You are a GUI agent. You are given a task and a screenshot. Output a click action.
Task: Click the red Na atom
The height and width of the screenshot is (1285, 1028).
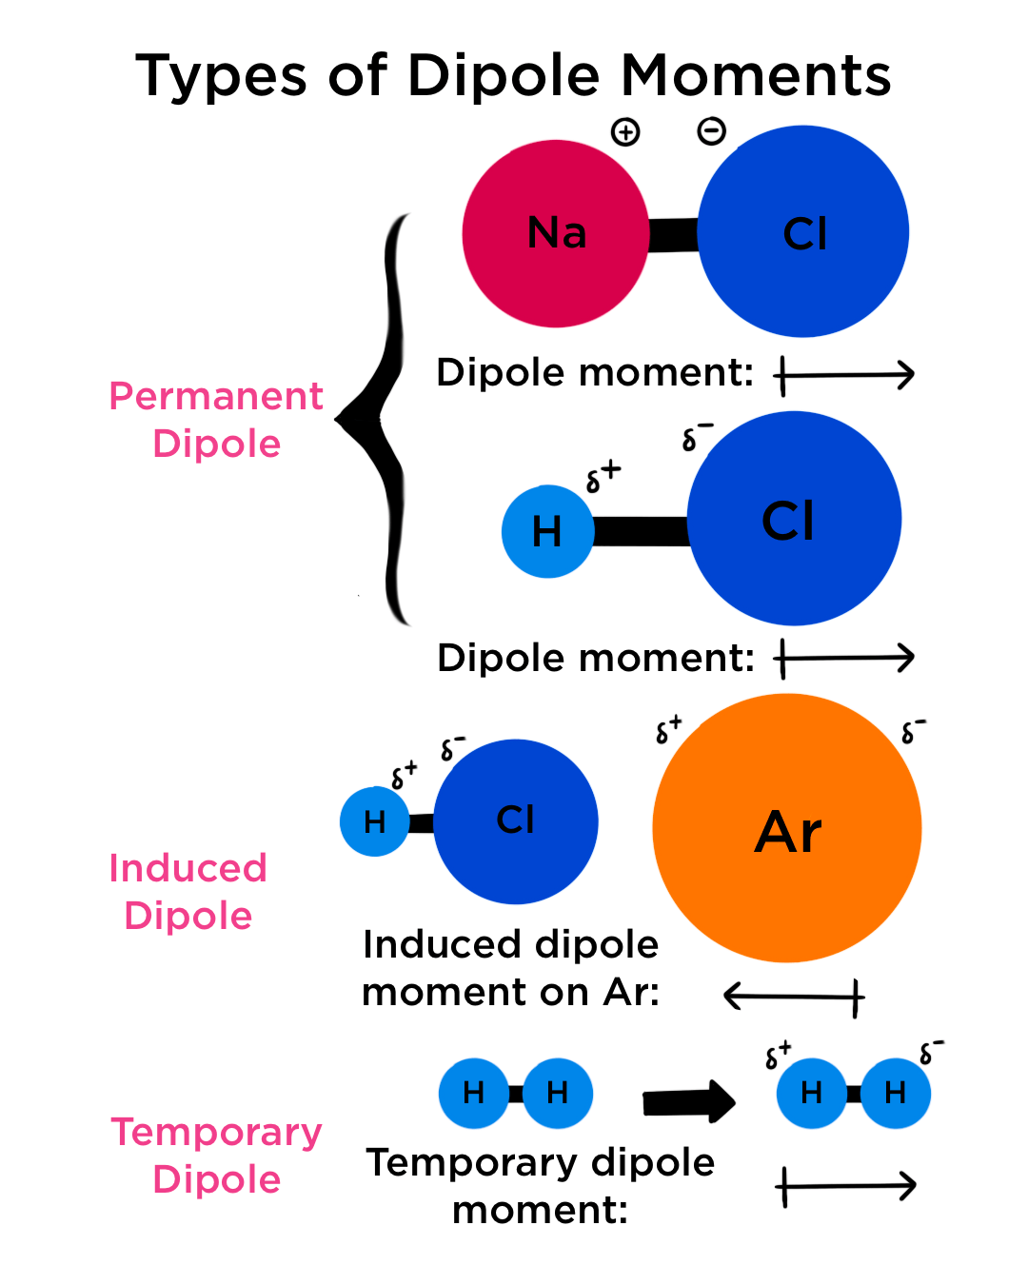click(x=555, y=234)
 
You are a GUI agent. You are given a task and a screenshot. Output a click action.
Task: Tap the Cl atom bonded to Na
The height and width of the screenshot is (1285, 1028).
click(x=803, y=232)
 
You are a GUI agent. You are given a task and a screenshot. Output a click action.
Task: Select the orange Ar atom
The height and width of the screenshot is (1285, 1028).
click(x=787, y=828)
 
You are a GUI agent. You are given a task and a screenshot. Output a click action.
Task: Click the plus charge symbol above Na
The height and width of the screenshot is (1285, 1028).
click(x=625, y=132)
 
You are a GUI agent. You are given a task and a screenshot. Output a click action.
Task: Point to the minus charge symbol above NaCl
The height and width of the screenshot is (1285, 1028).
click(x=711, y=131)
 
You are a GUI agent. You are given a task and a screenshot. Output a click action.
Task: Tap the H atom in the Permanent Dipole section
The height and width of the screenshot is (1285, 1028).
click(x=547, y=531)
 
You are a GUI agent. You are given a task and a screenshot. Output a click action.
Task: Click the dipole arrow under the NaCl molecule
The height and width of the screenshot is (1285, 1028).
click(x=845, y=375)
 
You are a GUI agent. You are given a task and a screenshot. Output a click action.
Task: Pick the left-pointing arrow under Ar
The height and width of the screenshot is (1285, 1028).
click(x=794, y=997)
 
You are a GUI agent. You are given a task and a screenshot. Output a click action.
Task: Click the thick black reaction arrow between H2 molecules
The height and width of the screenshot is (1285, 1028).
click(x=688, y=1102)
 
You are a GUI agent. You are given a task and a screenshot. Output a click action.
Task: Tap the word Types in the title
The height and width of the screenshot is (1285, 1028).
click(x=222, y=76)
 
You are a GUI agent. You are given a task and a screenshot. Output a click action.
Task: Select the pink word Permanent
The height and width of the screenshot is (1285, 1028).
click(x=216, y=396)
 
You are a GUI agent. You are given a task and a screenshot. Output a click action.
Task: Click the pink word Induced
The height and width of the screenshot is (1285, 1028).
click(x=188, y=868)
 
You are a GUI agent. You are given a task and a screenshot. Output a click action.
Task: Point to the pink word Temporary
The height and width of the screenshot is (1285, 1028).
click(x=216, y=1133)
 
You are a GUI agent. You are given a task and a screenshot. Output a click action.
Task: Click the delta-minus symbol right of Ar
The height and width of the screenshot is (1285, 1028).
click(x=913, y=731)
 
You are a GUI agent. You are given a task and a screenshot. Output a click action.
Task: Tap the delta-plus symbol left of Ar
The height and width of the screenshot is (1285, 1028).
click(x=668, y=729)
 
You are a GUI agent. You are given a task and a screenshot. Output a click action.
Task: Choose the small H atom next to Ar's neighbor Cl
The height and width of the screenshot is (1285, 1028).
click(x=374, y=821)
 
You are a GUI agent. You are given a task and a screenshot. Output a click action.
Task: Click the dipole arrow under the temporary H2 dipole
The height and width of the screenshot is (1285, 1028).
click(x=846, y=1186)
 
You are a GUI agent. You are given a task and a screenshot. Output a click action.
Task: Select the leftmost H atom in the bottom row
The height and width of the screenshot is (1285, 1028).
click(x=473, y=1093)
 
